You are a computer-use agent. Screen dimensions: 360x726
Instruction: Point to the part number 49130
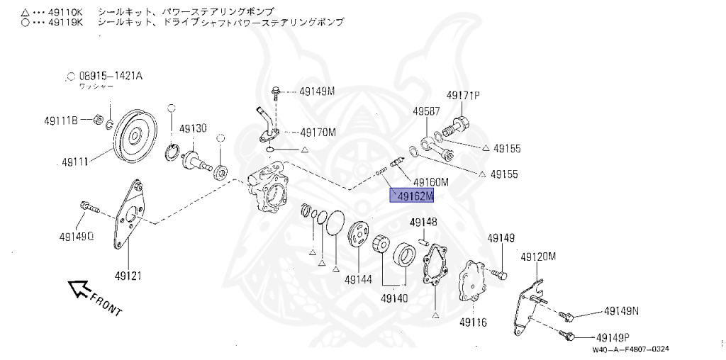coord(192,128)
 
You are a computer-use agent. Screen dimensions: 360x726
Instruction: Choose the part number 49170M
coord(317,132)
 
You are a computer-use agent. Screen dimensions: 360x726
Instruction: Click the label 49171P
coord(462,95)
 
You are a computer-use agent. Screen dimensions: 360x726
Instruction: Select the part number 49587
coord(427,111)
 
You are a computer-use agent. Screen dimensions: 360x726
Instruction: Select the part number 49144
coord(358,279)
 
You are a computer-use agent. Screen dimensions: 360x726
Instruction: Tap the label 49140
coord(394,298)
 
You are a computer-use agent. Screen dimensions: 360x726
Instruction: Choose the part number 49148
coord(423,223)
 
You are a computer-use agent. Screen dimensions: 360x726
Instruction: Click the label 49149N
coord(621,310)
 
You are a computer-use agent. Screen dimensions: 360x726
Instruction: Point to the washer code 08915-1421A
coord(110,76)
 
